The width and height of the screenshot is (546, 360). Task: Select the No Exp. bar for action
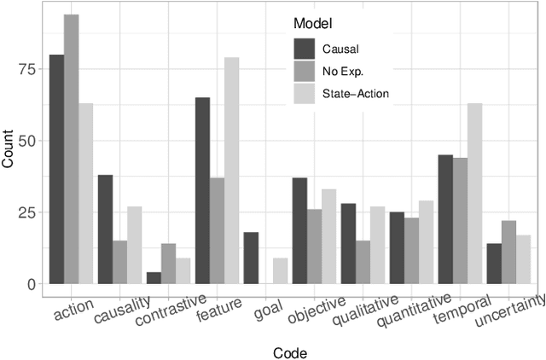tap(72, 149)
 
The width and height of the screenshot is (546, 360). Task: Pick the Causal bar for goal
tap(251, 258)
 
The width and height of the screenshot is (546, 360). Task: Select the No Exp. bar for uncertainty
tap(509, 253)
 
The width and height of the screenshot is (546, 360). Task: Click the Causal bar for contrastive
tap(154, 278)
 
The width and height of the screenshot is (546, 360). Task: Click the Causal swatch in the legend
tap(305, 48)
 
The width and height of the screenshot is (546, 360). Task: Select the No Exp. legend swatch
tap(305, 70)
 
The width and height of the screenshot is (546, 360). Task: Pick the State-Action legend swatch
tap(305, 92)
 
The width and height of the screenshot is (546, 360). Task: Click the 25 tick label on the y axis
tap(24, 212)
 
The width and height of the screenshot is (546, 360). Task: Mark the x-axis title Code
tap(290, 352)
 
